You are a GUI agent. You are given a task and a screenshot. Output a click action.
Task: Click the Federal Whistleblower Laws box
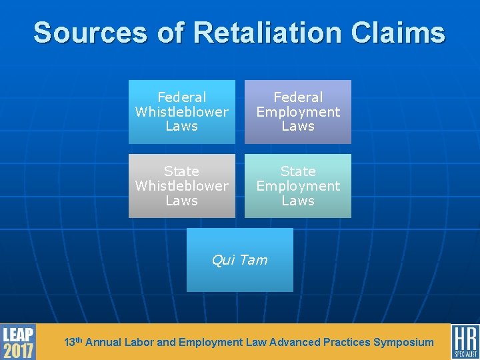coord(181,112)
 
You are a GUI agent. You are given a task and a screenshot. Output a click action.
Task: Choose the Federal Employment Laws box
coord(298,112)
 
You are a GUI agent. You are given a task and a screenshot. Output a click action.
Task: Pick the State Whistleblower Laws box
coord(181,186)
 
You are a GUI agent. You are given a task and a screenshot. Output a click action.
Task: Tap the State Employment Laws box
coord(298,186)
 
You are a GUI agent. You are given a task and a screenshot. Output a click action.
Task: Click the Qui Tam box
coord(239,260)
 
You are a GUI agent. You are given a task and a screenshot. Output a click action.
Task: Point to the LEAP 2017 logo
coord(18,342)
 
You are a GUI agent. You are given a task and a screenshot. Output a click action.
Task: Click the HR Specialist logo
coord(465,342)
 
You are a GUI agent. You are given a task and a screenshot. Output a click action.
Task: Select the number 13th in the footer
coord(73,342)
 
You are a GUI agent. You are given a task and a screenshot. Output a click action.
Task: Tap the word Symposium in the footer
coord(403,343)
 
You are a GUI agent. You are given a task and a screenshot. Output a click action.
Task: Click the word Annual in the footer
coord(103,343)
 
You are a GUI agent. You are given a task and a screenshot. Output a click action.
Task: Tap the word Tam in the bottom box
coord(255,260)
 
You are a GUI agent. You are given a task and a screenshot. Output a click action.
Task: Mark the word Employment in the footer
coord(211,343)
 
